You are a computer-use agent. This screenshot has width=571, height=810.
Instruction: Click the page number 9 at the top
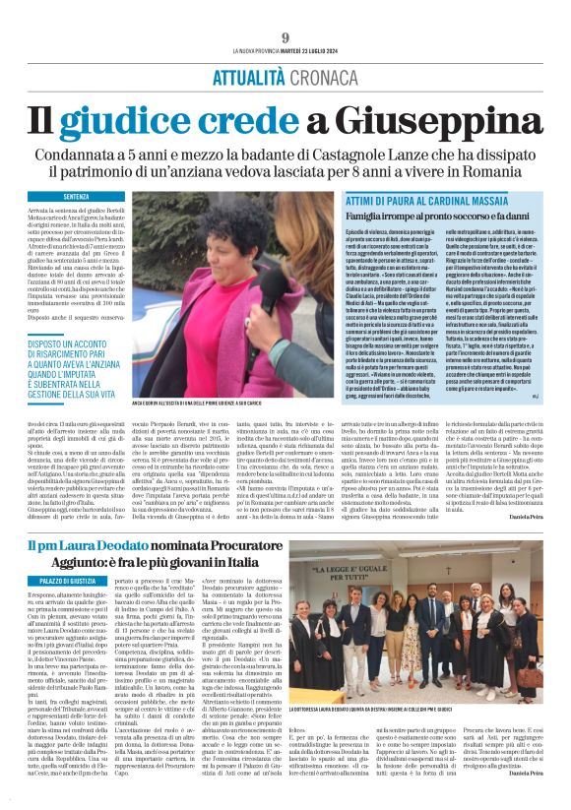coord(285,38)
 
